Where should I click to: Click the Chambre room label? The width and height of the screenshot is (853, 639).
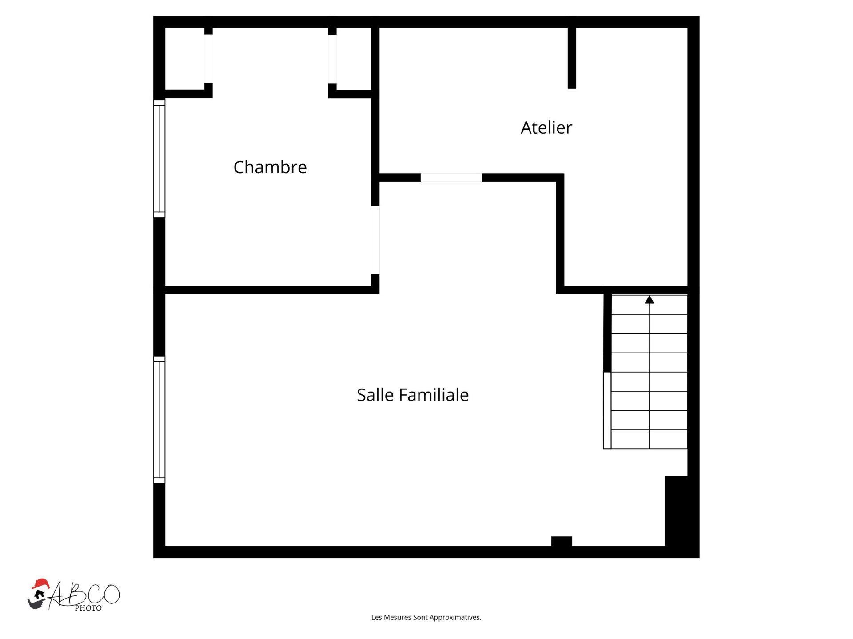click(270, 167)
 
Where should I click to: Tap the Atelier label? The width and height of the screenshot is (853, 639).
click(546, 128)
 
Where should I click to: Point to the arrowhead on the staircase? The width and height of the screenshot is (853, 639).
click(649, 300)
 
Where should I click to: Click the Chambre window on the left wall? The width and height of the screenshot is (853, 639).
click(159, 159)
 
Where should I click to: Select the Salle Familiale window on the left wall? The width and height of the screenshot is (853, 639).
click(159, 420)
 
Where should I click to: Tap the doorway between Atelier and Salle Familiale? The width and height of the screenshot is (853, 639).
click(451, 178)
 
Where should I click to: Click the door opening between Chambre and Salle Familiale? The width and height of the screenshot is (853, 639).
click(375, 240)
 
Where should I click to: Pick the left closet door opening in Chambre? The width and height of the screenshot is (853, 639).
click(208, 59)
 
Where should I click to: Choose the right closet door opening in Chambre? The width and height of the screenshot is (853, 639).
click(332, 59)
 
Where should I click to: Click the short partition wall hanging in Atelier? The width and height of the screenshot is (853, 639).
click(572, 58)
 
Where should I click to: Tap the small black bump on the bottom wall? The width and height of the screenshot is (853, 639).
click(562, 541)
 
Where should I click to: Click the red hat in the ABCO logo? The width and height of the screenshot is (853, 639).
click(40, 583)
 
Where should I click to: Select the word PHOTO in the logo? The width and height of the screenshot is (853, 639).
click(88, 608)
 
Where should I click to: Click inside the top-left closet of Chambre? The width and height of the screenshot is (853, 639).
click(184, 59)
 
